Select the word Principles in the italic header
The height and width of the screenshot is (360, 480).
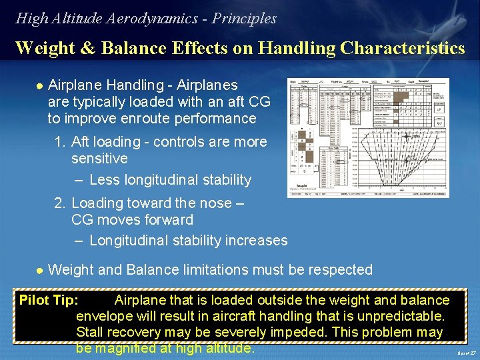pos(244,19)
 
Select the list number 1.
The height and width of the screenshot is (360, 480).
pos(59,142)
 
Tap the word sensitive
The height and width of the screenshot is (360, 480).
pos(99,159)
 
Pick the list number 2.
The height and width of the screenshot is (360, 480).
pos(59,203)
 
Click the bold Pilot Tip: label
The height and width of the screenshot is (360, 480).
pos(49,300)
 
